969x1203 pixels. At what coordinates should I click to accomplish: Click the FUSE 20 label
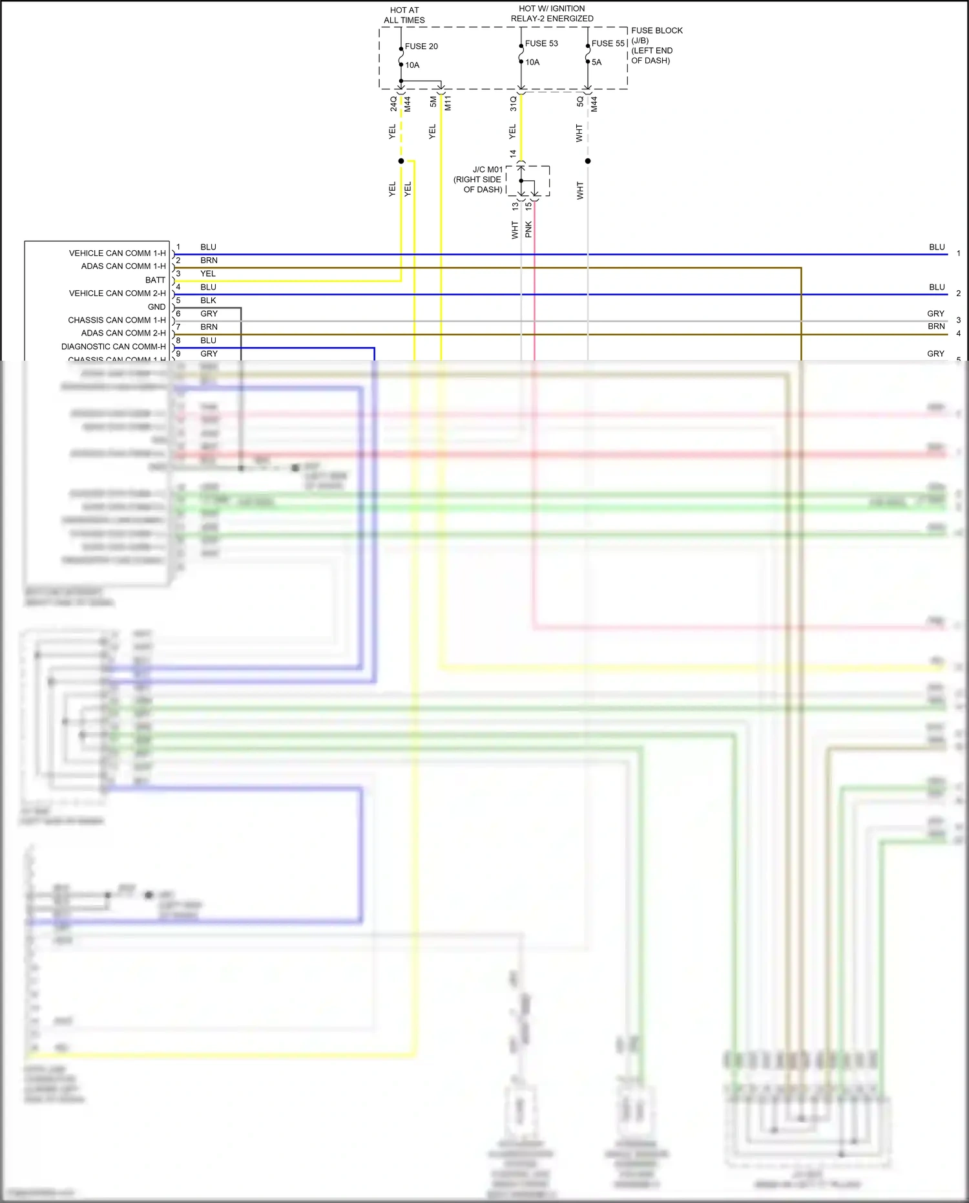click(421, 47)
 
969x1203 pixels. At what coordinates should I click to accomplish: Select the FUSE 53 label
click(541, 43)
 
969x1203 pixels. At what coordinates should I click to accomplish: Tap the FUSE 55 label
click(608, 43)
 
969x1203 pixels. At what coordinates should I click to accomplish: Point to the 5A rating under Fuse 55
click(596, 63)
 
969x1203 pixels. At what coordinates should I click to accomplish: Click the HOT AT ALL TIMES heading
click(404, 15)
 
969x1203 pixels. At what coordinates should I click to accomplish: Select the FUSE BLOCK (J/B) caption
click(656, 35)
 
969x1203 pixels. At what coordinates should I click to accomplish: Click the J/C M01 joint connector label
click(487, 169)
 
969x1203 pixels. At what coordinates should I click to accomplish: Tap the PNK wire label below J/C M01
click(528, 229)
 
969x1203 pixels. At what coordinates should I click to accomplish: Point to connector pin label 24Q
click(393, 103)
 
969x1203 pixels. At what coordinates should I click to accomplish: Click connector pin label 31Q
click(513, 103)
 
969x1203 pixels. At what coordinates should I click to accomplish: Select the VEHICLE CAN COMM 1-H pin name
click(117, 253)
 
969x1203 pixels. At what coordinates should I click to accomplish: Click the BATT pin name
click(155, 280)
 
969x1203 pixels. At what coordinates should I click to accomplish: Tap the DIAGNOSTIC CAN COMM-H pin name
click(113, 346)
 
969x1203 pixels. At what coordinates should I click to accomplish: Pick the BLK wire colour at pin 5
click(208, 301)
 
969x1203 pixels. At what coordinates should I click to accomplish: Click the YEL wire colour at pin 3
click(208, 273)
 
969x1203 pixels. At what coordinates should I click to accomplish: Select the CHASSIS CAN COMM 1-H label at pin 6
click(116, 320)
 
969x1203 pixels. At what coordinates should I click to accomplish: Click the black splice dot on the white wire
click(588, 161)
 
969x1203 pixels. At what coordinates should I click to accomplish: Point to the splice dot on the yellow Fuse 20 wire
click(401, 161)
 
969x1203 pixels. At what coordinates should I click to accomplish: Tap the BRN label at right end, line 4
click(936, 326)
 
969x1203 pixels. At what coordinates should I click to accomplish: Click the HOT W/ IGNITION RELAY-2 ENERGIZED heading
click(552, 14)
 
